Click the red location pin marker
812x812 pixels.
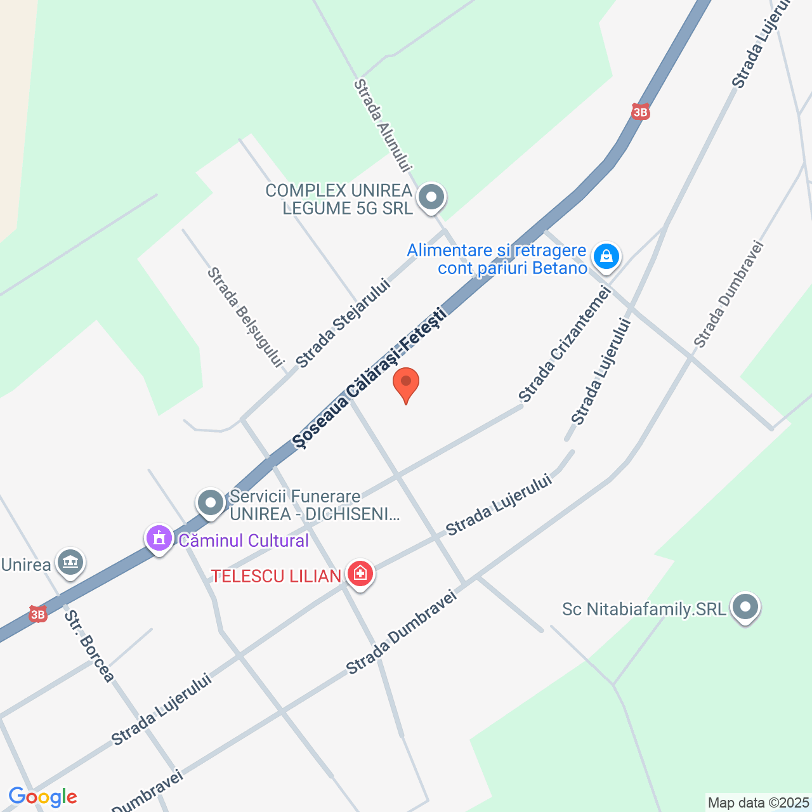click(406, 384)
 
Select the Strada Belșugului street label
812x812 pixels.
click(245, 317)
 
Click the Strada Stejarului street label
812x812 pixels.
click(343, 324)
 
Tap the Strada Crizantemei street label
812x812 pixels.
click(565, 344)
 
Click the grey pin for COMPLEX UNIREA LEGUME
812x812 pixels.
click(432, 197)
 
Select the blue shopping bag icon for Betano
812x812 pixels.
click(606, 257)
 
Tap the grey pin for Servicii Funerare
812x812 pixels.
click(211, 503)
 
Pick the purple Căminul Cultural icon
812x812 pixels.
click(159, 539)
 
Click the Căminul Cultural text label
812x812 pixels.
click(244, 540)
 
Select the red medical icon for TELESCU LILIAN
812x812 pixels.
click(360, 574)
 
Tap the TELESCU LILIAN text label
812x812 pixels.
click(277, 576)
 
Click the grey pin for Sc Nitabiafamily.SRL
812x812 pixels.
click(745, 607)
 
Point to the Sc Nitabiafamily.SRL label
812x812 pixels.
click(644, 610)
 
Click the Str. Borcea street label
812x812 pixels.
click(89, 646)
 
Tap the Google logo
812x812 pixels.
click(43, 797)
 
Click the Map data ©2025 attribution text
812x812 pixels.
click(758, 803)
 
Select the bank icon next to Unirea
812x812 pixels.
click(70, 562)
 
